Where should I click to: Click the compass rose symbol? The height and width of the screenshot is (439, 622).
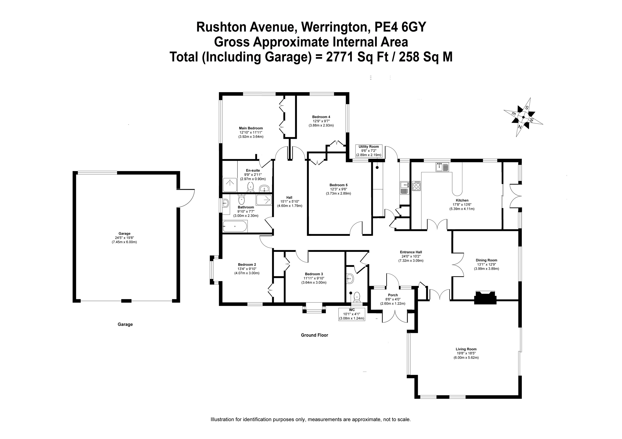(523, 117)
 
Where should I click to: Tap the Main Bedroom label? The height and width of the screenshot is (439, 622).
(251, 128)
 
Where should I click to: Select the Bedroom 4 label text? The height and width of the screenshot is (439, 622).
(321, 117)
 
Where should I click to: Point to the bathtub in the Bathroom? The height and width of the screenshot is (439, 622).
(235, 226)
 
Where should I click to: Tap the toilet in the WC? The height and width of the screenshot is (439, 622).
(357, 297)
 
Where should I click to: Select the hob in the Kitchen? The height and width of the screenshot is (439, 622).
(416, 186)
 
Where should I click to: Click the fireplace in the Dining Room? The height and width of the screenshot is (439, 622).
(485, 297)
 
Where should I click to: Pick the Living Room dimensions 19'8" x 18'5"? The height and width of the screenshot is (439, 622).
(466, 353)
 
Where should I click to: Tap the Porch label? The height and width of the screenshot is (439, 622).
(393, 295)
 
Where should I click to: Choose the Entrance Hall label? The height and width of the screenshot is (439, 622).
(411, 252)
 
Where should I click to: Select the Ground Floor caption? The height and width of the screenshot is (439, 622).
(314, 335)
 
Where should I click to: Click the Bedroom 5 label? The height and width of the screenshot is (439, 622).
(338, 185)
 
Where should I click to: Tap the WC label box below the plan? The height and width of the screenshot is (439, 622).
(352, 314)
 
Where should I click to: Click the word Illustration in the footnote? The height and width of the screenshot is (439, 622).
(222, 420)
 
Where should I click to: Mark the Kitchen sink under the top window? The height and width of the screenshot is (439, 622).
(442, 167)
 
